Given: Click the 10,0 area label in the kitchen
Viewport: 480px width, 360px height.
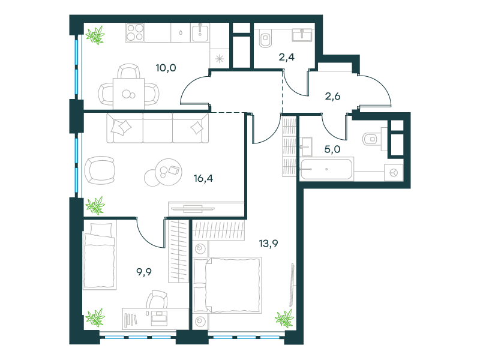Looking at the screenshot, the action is [x=166, y=68].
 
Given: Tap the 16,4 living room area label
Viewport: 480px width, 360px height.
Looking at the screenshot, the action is [x=203, y=178].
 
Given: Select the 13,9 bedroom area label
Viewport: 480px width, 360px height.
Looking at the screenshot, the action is [x=268, y=244].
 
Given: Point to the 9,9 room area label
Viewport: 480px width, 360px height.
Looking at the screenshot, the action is [x=144, y=272].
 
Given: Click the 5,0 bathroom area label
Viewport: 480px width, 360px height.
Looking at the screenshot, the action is [x=332, y=149].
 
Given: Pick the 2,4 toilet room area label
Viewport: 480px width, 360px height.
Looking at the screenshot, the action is [x=287, y=57].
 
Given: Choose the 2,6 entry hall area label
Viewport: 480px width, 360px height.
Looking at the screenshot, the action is [x=332, y=97].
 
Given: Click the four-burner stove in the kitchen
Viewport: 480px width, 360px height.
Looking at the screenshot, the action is [x=135, y=32].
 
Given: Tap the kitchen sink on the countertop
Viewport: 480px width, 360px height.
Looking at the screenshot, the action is [x=200, y=33].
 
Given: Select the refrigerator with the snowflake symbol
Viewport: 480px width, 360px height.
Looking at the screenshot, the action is [x=220, y=58].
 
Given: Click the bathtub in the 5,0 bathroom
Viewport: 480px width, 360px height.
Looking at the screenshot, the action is [x=326, y=169].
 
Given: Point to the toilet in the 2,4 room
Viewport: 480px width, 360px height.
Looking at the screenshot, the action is [x=265, y=38].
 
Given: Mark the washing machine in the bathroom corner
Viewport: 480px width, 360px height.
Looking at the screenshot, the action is [x=394, y=173].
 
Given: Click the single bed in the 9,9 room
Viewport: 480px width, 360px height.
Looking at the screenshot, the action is [x=100, y=256].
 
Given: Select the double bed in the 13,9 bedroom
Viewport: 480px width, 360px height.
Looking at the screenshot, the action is [x=227, y=286].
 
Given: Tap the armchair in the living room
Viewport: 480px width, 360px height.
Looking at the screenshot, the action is [x=100, y=170].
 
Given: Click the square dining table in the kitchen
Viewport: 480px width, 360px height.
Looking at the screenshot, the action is [x=128, y=94].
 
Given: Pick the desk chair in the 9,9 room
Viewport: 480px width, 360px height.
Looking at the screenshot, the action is [x=157, y=299].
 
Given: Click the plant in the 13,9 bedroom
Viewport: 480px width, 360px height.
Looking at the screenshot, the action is [x=284, y=319].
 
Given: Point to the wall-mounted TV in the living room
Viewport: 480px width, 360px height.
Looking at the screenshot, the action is [x=193, y=209].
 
